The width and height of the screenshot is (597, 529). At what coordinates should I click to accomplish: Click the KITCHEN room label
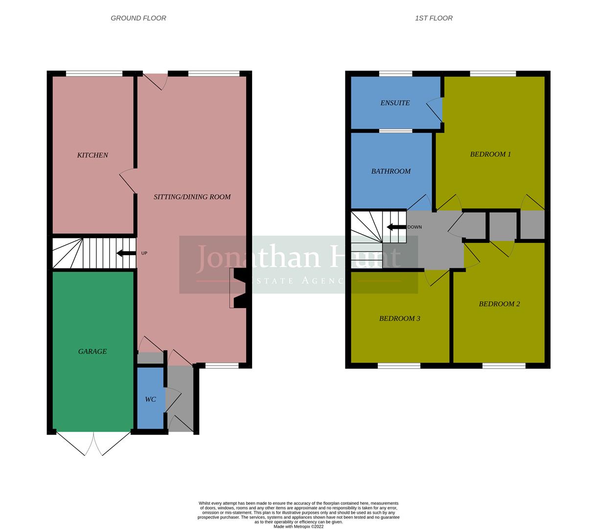click(92, 155)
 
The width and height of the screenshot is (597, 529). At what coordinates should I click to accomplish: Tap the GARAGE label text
click(92, 351)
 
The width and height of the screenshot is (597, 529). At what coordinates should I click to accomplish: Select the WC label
click(150, 399)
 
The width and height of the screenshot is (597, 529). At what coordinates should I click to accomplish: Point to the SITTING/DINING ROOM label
click(192, 197)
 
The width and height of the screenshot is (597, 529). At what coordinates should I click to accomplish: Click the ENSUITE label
click(395, 103)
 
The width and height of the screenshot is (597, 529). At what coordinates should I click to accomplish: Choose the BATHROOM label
click(391, 171)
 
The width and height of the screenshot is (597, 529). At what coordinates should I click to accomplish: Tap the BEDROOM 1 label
click(490, 154)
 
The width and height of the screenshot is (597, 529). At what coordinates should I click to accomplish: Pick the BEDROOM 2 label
click(499, 304)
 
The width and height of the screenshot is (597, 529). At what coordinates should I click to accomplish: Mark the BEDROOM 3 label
click(400, 318)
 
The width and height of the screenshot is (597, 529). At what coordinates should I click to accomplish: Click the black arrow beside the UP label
click(126, 253)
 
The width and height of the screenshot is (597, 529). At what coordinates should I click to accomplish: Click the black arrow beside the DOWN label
click(396, 227)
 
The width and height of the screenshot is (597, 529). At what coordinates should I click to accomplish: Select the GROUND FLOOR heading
click(138, 18)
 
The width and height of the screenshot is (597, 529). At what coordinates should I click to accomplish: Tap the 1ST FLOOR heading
click(434, 18)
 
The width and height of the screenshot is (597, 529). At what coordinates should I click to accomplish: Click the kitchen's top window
click(94, 74)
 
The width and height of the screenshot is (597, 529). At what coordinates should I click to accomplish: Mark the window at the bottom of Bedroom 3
click(399, 365)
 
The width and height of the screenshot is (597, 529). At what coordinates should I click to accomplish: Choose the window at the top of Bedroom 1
click(493, 74)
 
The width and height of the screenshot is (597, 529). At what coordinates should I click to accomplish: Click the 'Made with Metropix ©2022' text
click(298, 527)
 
